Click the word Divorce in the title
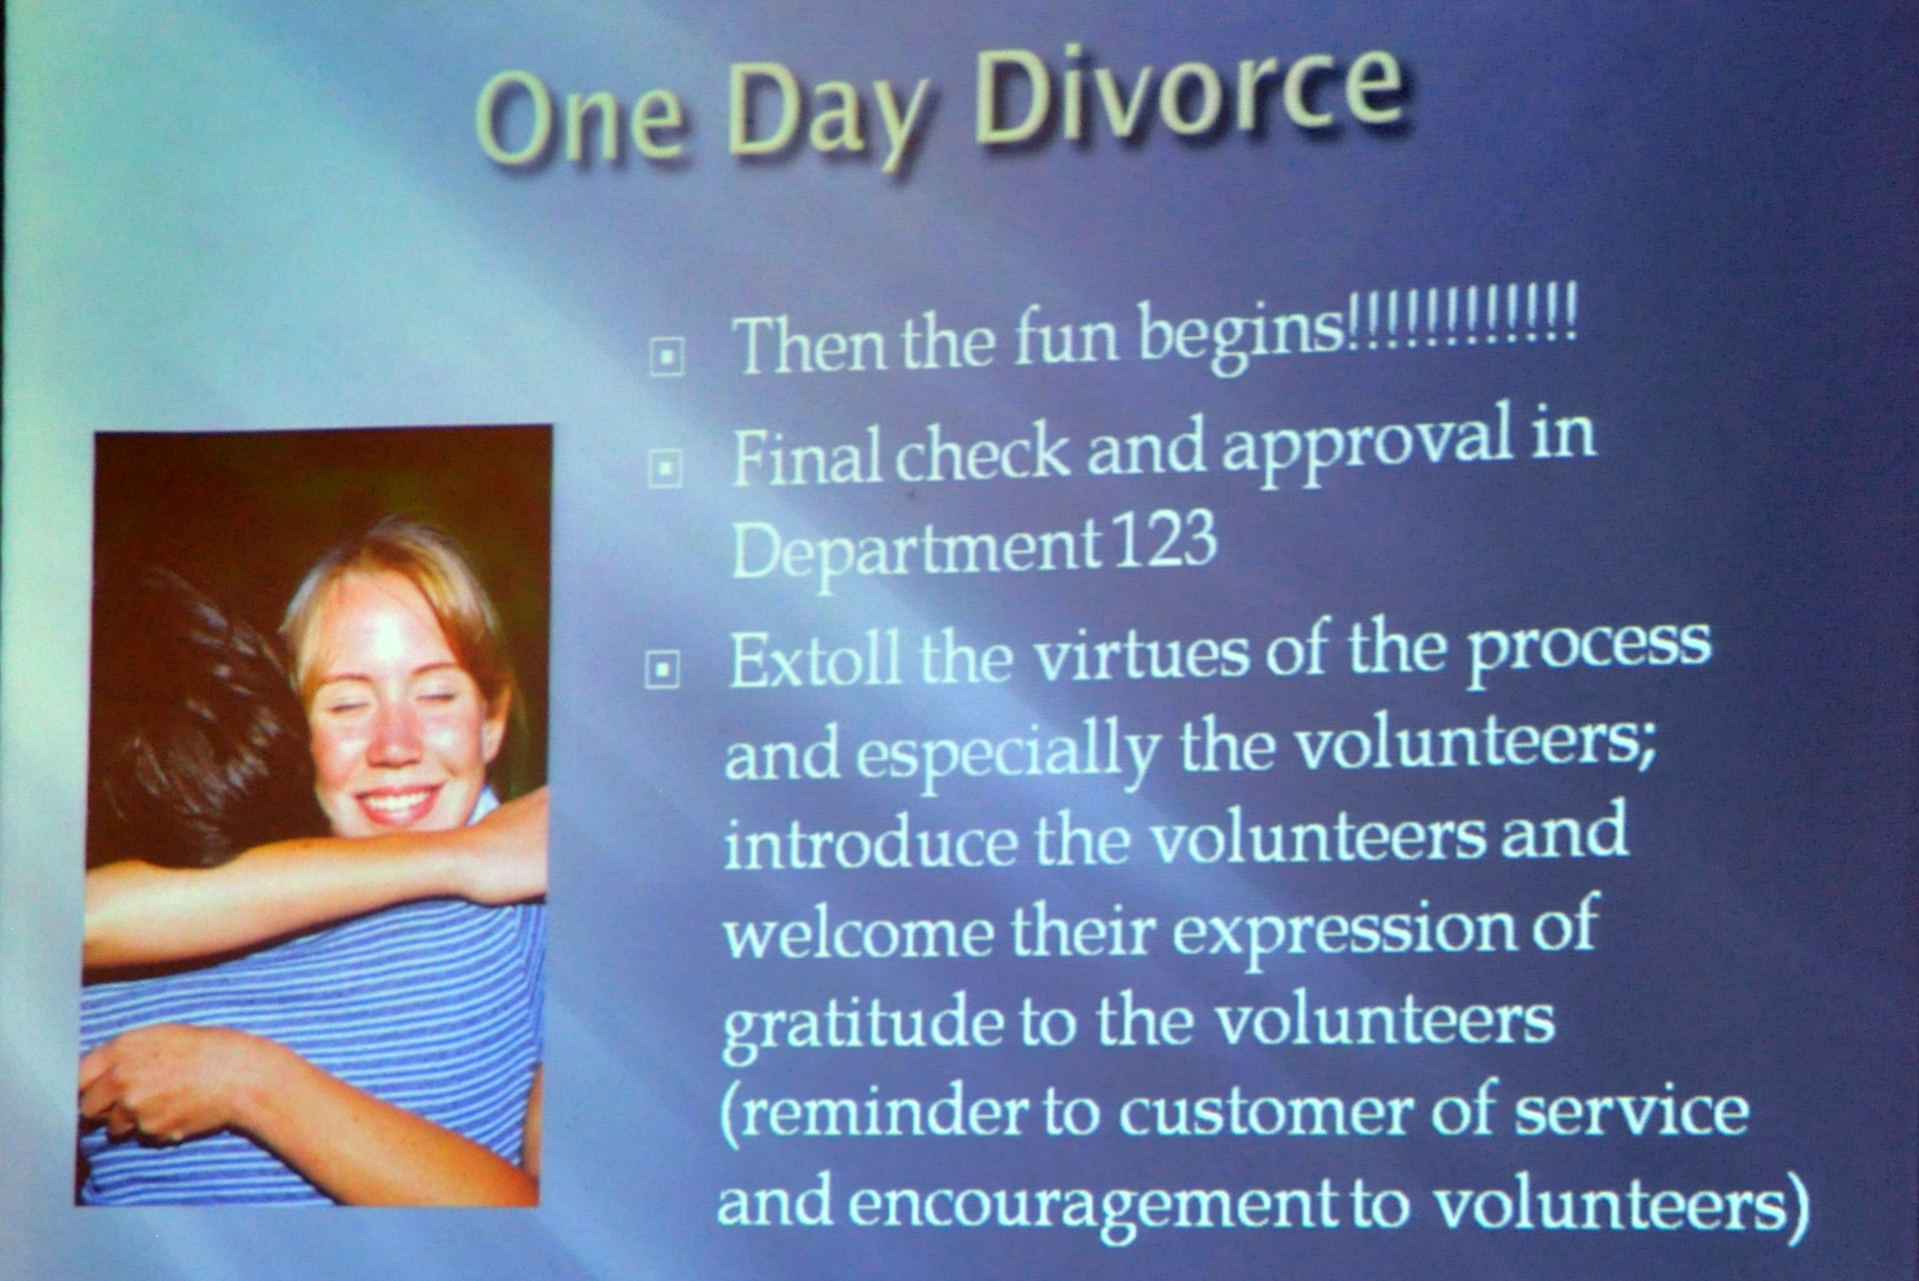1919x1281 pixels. pyautogui.click(x=1189, y=96)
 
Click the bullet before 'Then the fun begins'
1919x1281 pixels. pyautogui.click(x=665, y=357)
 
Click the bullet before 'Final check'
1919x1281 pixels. pyautogui.click(x=665, y=469)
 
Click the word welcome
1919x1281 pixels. pyautogui.click(x=857, y=932)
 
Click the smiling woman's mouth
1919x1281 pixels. pyautogui.click(x=399, y=804)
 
